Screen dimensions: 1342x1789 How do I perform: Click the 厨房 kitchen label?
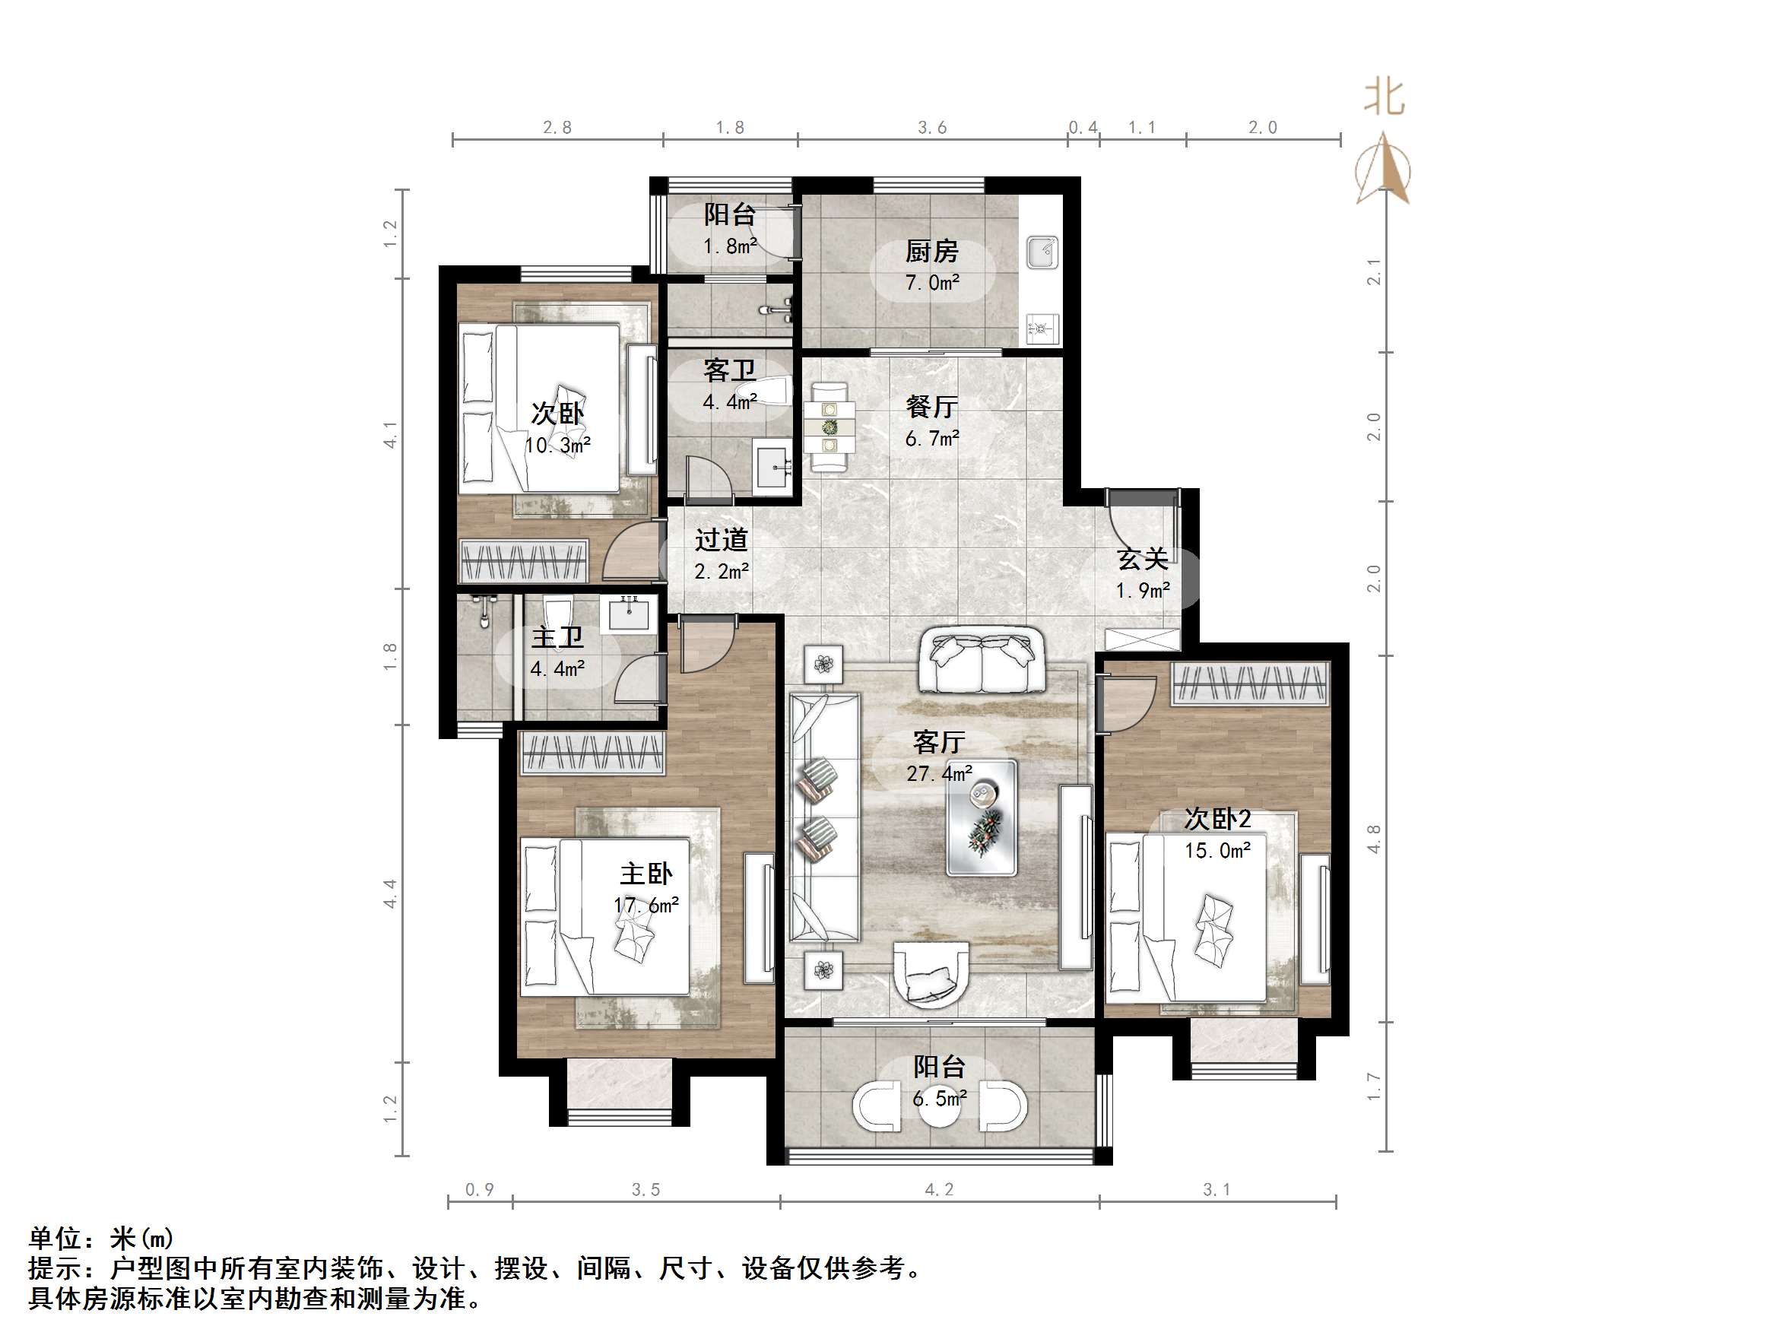coord(931,252)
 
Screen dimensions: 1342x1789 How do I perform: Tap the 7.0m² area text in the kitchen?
coord(931,283)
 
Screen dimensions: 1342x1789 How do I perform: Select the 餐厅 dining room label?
coord(931,407)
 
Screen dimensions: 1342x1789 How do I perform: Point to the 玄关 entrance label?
coord(1142,559)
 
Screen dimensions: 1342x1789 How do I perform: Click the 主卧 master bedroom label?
coord(645,874)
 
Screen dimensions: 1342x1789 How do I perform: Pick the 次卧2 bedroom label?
coord(1217,819)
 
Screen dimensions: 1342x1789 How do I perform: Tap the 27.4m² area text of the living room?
coord(938,774)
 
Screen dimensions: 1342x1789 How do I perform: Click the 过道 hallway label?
coord(721,540)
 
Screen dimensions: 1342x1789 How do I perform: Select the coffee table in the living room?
coord(982,817)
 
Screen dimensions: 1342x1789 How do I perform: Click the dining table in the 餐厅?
coord(829,427)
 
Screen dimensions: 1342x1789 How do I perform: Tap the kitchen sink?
coord(1042,252)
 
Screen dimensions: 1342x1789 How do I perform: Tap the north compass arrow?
coord(1385,170)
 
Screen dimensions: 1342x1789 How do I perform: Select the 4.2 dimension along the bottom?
coord(938,1189)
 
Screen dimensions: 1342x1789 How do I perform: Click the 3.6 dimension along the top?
coord(931,128)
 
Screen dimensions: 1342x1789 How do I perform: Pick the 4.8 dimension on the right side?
coord(1373,839)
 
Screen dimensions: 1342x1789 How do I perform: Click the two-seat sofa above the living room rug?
coord(981,660)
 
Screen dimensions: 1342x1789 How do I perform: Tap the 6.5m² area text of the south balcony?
coord(938,1099)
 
